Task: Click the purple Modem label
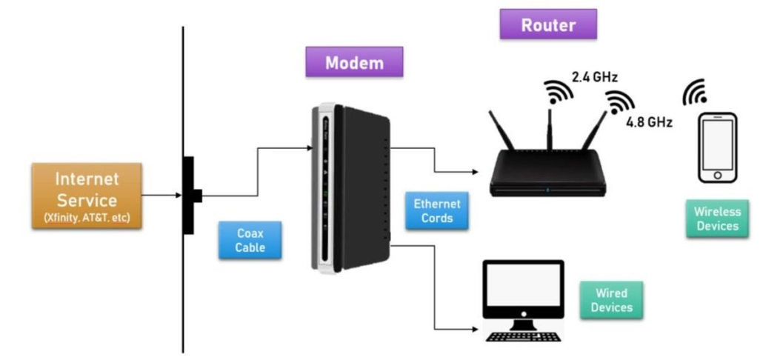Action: pos(354,62)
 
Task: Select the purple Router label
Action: pos(548,24)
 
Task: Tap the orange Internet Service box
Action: pos(87,195)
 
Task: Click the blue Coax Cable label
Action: pos(250,241)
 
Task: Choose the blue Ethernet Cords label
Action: pos(437,211)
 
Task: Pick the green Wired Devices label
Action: pos(612,300)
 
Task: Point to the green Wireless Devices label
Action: pos(717,219)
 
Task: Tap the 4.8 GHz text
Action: pos(650,122)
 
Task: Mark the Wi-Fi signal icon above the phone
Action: pos(695,91)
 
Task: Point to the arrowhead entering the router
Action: pos(474,173)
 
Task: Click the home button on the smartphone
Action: pos(718,176)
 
